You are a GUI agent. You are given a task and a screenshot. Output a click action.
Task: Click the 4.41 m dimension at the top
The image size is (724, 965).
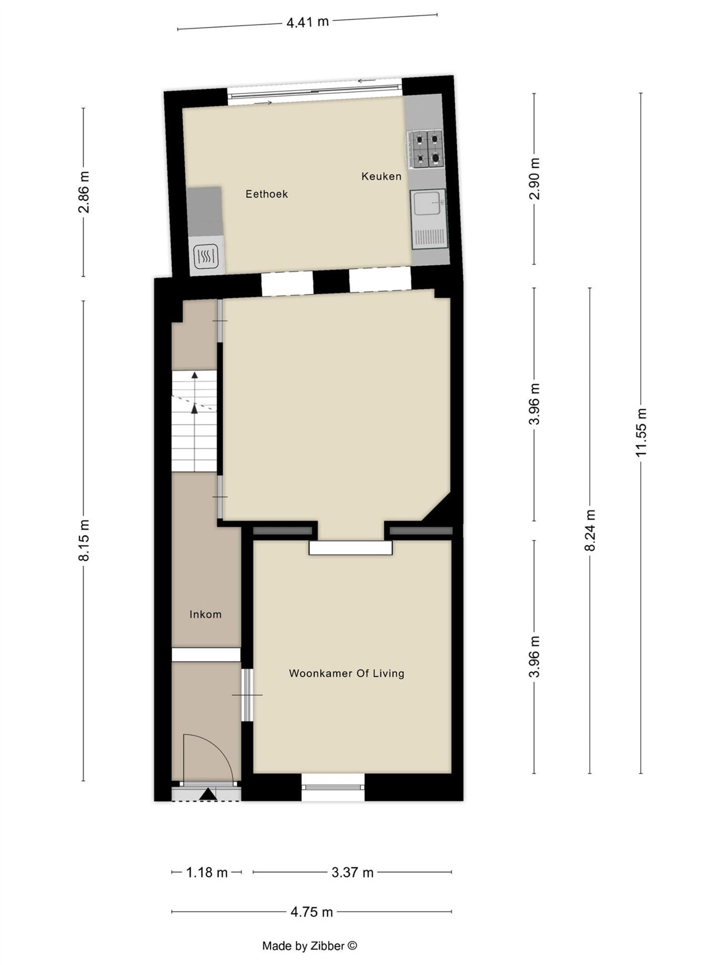point(307,22)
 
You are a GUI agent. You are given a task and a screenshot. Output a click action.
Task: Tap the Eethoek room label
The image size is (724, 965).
point(267,194)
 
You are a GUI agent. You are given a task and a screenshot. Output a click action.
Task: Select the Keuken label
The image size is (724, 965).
point(381,176)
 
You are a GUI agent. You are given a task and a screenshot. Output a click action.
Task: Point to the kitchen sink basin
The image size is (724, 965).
point(427,204)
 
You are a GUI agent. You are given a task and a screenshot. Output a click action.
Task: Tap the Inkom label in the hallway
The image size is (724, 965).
point(205,614)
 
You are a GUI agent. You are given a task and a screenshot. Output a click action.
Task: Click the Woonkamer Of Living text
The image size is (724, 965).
point(346,673)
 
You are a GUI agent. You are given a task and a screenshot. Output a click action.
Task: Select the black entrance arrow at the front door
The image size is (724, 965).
point(208,794)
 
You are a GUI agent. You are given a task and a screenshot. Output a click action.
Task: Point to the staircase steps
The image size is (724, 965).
point(194,421)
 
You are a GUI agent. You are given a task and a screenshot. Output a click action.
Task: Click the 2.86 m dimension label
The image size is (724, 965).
point(84,192)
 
